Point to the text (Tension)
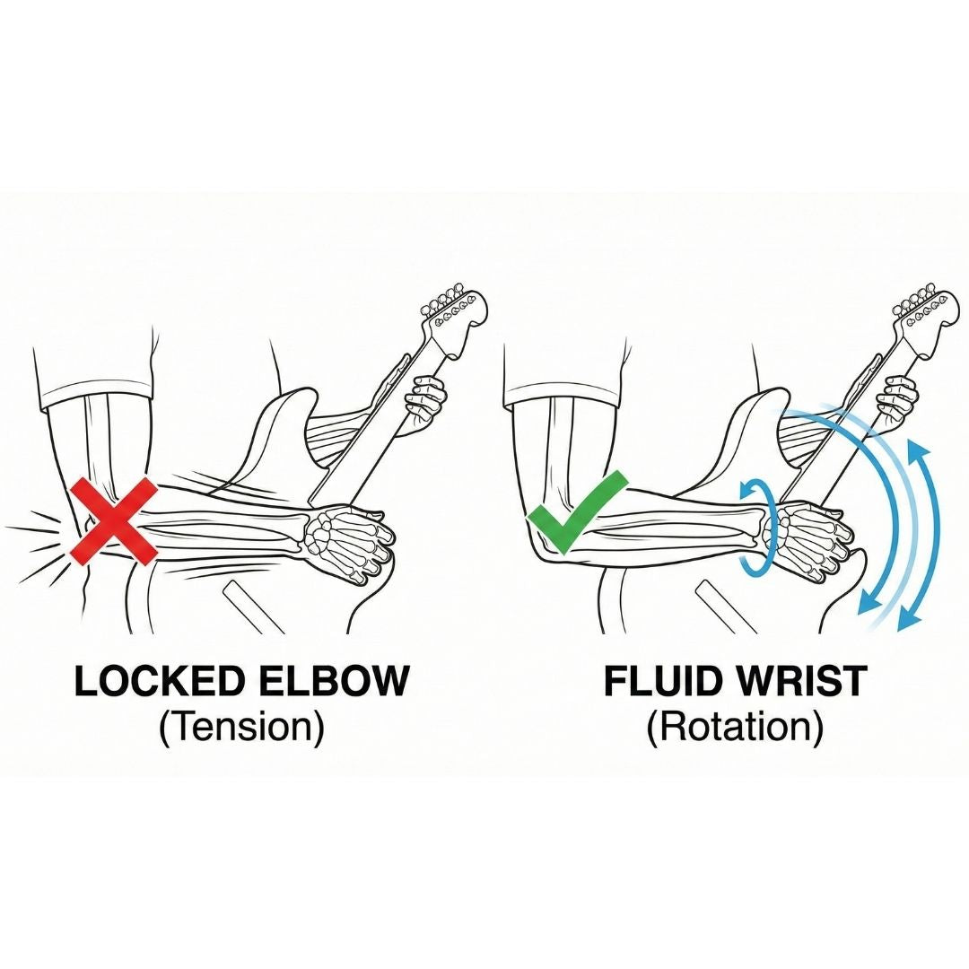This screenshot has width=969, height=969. coord(241,728)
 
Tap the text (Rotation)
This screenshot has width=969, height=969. coord(735,728)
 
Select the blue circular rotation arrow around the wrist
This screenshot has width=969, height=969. coord(759,525)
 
